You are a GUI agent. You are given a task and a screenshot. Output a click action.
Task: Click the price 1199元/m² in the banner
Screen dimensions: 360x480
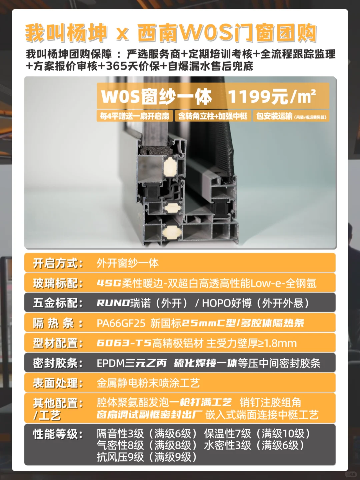(272, 96)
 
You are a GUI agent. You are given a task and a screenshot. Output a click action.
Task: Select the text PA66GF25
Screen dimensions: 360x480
(121, 324)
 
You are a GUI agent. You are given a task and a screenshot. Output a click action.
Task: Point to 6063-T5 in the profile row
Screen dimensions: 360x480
(124, 343)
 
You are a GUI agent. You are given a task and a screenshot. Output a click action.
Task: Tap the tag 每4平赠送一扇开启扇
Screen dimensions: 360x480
(135, 116)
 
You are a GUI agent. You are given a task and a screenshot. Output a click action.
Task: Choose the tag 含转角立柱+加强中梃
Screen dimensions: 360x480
(213, 116)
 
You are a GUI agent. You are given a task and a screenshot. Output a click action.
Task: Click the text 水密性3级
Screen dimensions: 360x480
(228, 445)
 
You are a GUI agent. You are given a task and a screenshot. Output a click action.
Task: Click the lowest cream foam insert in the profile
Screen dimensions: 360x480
(172, 231)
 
